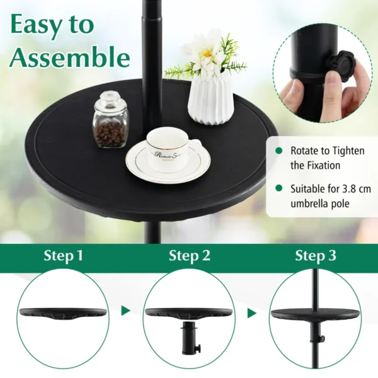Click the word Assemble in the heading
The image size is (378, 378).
[69, 58]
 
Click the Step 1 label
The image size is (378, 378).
[62, 256]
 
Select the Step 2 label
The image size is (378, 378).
[188, 256]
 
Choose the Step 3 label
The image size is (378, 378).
[314, 256]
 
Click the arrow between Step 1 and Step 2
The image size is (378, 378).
[126, 311]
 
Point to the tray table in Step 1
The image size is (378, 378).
[62, 313]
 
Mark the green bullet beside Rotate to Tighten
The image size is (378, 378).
[278, 152]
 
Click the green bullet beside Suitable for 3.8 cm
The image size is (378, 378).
[278, 188]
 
